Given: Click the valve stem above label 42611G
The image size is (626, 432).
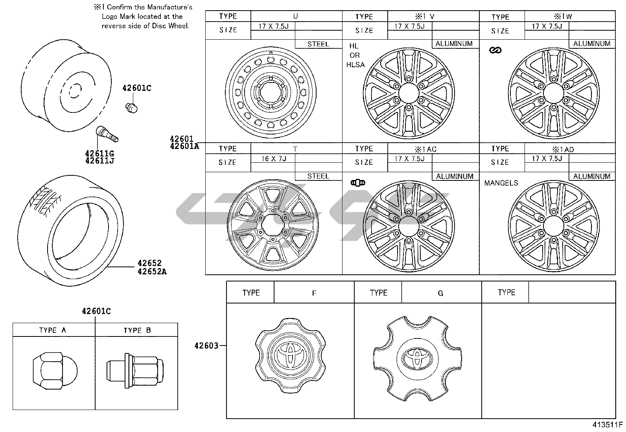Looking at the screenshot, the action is tap(107, 134).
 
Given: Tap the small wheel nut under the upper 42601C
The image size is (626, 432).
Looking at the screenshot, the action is tap(131, 108).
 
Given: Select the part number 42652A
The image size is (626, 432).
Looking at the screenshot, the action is tap(152, 272).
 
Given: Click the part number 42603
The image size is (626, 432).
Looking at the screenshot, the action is tap(206, 346).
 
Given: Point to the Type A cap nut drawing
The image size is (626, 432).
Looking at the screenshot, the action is tap(55, 371).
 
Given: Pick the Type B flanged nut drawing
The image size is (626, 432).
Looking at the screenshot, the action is tap(135, 371).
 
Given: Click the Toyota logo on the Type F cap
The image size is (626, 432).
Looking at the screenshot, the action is tap(290, 355).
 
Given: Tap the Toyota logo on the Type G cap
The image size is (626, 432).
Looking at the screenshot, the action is tap(417, 358).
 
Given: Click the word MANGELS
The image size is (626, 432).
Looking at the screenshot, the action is tap(501, 183).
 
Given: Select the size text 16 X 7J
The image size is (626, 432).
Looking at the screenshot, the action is tap(274, 159).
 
